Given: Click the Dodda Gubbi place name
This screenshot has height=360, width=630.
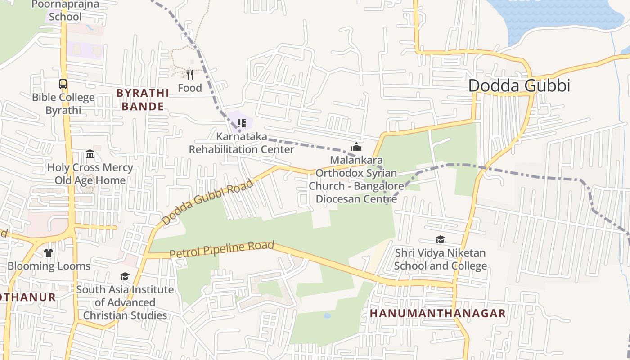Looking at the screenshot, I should click(x=519, y=85).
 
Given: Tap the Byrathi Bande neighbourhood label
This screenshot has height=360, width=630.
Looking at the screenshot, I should click(x=143, y=100).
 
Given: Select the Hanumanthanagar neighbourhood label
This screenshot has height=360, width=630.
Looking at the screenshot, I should click(x=437, y=313).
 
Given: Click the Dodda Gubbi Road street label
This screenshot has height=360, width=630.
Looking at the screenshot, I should click(x=207, y=202).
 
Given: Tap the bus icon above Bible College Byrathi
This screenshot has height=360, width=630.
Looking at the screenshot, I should click(x=63, y=84).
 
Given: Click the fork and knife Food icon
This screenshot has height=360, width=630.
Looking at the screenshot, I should click(x=190, y=74).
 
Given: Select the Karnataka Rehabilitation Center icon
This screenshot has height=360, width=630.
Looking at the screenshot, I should click(x=241, y=123).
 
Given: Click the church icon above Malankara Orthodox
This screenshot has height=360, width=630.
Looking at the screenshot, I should click(x=356, y=147).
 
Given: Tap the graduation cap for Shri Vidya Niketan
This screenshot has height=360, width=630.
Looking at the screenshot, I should click(x=440, y=239).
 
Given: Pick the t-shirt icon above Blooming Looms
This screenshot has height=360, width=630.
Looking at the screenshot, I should click(x=49, y=252).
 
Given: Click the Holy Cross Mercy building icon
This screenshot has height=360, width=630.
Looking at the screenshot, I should click(x=90, y=154).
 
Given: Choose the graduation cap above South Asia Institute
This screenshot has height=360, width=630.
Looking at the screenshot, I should click(x=125, y=276).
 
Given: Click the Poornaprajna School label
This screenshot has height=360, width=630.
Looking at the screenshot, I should click(x=65, y=11).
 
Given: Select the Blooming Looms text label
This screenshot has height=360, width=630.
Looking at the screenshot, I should click(x=49, y=266).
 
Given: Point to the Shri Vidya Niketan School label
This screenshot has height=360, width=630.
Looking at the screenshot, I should click(x=440, y=259).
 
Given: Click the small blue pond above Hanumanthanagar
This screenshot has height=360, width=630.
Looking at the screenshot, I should click(x=327, y=315).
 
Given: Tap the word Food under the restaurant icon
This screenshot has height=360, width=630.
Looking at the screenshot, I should click(x=190, y=88).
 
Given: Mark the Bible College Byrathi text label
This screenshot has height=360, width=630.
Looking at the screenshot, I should click(x=63, y=104).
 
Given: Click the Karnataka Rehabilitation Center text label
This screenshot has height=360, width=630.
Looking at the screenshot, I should click(x=241, y=143).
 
